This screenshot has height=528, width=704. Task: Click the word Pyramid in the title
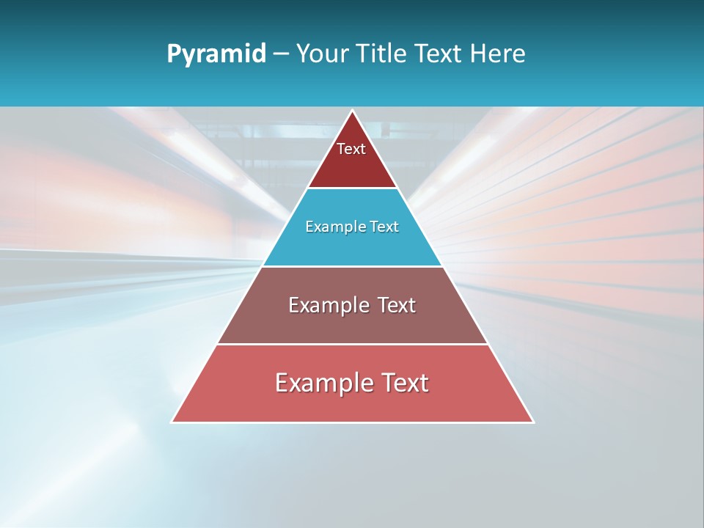coord(216,54)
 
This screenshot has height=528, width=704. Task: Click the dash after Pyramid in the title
coord(281,55)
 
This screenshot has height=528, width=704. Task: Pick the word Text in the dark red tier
coord(351,149)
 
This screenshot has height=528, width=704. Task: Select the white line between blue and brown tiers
coord(352,266)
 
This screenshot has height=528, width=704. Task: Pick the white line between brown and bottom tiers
coord(352,344)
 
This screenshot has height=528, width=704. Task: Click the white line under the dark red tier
coord(352,188)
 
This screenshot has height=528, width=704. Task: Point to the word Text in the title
coord(440,54)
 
